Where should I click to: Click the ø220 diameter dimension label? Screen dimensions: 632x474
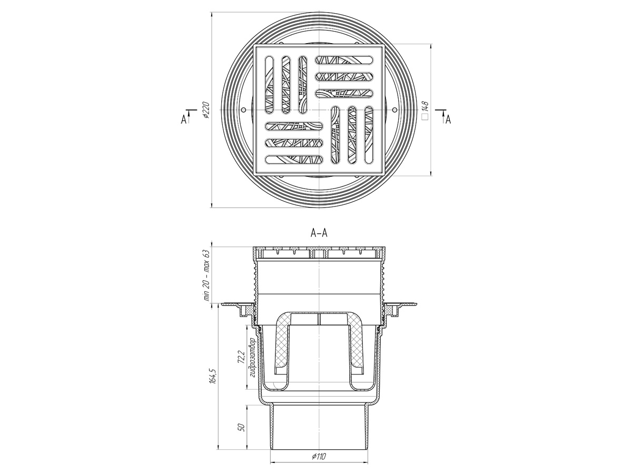coord(207,110)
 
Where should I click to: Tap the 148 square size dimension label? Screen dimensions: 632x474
coord(425,107)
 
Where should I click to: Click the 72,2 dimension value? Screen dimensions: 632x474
coord(241,358)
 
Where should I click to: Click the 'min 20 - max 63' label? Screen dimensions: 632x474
coord(207,275)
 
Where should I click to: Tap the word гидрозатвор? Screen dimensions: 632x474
coord(252,358)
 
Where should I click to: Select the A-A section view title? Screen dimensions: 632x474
coord(319,233)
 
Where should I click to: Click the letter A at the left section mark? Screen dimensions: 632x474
coord(183,120)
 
